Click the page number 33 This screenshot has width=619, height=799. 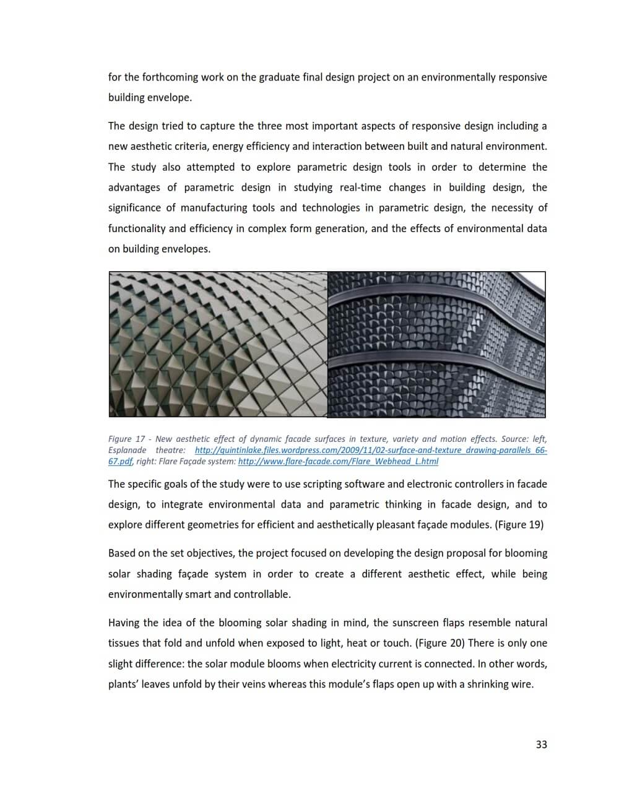click(x=541, y=745)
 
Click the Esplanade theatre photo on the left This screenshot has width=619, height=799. click(x=218, y=344)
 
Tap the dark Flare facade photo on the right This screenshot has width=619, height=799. click(x=436, y=344)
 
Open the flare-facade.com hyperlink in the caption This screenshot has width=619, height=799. click(x=338, y=461)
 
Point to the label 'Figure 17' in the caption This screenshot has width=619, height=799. click(x=126, y=439)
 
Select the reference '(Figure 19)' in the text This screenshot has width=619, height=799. click(x=519, y=525)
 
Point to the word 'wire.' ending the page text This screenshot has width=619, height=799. click(x=521, y=685)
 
